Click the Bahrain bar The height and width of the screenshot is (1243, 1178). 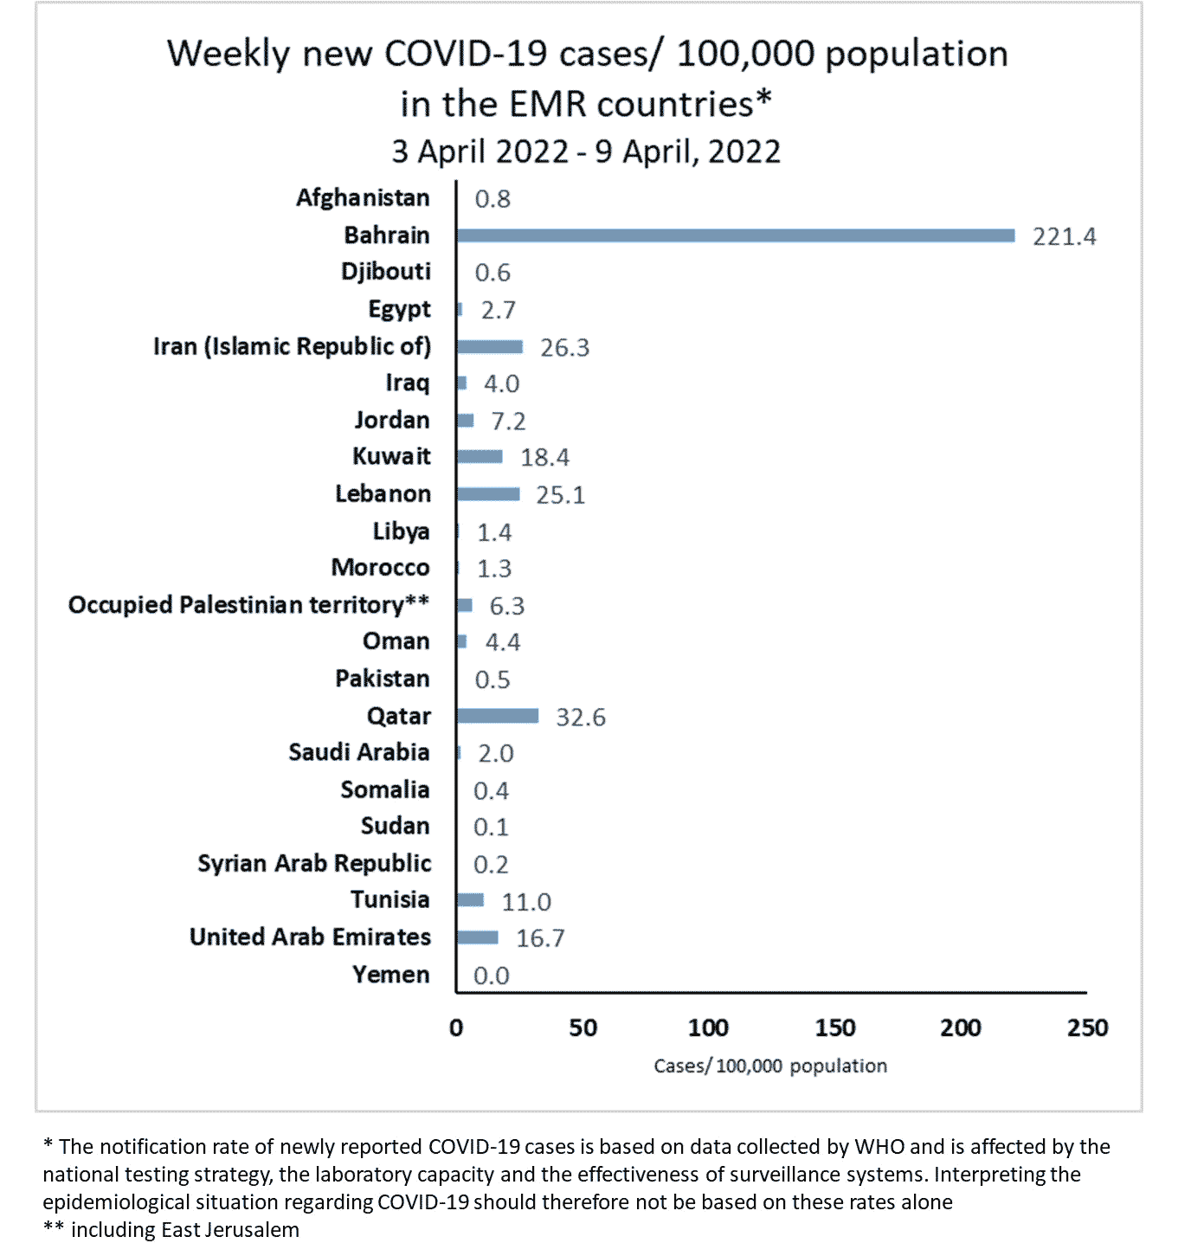click(736, 235)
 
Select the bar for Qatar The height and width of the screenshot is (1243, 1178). click(498, 716)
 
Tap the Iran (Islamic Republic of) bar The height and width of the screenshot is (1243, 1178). click(490, 346)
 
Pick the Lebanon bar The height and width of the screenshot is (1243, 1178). click(488, 494)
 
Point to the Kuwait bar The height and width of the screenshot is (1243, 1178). click(480, 456)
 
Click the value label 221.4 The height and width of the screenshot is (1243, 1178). click(1064, 236)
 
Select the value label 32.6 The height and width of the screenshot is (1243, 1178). click(580, 718)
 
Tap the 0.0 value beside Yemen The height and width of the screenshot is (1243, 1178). click(491, 976)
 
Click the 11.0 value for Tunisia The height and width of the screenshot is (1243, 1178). click(526, 902)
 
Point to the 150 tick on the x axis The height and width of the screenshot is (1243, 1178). click(834, 1027)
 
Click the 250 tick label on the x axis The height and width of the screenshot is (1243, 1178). click(1087, 1027)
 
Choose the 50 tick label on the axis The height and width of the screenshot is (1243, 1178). click(583, 1027)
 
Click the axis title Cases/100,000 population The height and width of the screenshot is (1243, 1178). click(770, 1066)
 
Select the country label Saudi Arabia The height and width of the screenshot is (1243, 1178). click(358, 752)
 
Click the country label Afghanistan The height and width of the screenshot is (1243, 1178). click(363, 198)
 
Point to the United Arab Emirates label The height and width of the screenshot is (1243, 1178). click(310, 937)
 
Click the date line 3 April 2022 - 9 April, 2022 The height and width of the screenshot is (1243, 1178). click(586, 151)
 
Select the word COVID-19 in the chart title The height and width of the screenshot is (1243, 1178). click(466, 54)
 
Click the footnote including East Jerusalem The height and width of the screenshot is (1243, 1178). click(184, 1229)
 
